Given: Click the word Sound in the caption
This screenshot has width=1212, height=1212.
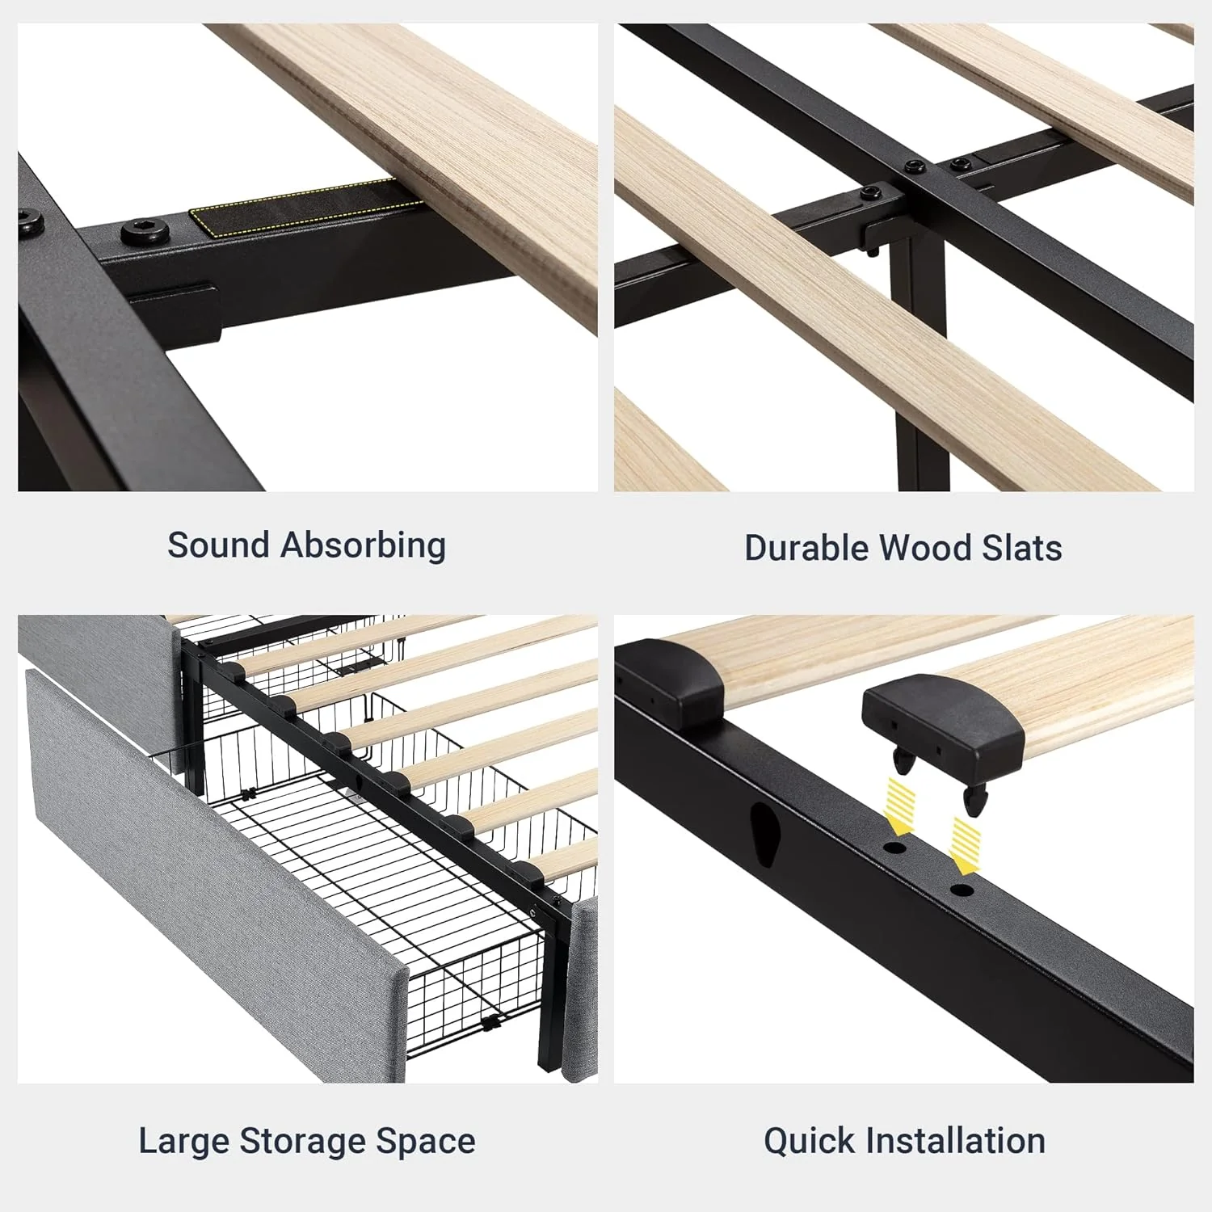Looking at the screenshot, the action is click(218, 545).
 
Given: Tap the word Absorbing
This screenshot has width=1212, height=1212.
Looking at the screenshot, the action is click(363, 546).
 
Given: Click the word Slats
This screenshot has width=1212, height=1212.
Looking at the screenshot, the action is click(1022, 548).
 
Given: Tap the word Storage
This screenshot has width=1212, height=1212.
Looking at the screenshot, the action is click(303, 1142).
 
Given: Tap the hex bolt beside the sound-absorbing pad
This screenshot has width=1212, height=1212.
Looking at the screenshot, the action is click(145, 232).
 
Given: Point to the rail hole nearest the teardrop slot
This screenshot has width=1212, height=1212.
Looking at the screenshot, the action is click(894, 848).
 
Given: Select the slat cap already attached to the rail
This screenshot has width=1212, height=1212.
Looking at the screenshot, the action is click(669, 680).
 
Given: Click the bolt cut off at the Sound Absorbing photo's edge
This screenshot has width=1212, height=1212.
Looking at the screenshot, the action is click(30, 221).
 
